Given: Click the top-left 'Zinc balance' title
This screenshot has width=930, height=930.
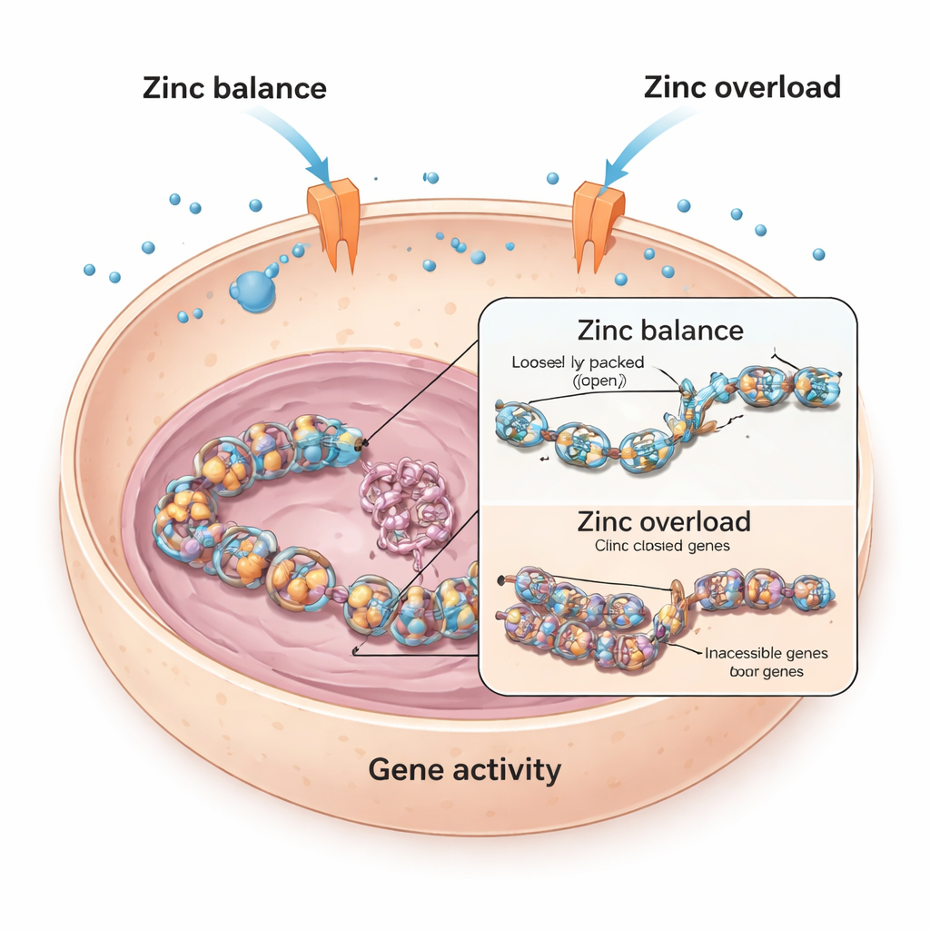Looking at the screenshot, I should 233,89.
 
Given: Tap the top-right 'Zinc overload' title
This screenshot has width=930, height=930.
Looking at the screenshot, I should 742,87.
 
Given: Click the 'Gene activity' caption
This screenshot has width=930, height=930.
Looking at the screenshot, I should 464,770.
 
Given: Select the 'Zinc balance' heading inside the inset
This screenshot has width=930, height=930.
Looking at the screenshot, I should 660,330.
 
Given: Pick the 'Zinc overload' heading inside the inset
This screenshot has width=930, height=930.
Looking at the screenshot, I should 664,522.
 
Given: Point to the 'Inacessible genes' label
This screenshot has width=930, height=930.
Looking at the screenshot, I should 766,653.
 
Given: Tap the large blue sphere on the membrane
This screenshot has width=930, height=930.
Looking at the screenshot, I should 252,290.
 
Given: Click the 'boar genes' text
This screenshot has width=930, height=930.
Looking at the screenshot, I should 765,672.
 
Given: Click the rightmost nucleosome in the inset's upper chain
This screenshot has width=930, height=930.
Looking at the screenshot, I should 815,384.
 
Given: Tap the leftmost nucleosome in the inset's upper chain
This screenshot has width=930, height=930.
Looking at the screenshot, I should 519,423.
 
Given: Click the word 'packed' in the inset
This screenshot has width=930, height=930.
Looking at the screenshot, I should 618,363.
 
